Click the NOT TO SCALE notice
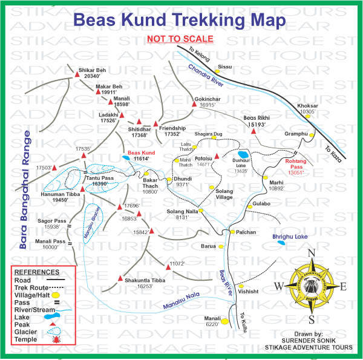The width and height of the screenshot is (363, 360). pyautogui.click(x=180, y=39)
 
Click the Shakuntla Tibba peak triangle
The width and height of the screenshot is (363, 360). pyautogui.click(x=119, y=278)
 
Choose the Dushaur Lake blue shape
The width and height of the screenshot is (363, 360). pyautogui.click(x=244, y=154)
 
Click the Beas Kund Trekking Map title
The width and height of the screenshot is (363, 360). pyautogui.click(x=179, y=20)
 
